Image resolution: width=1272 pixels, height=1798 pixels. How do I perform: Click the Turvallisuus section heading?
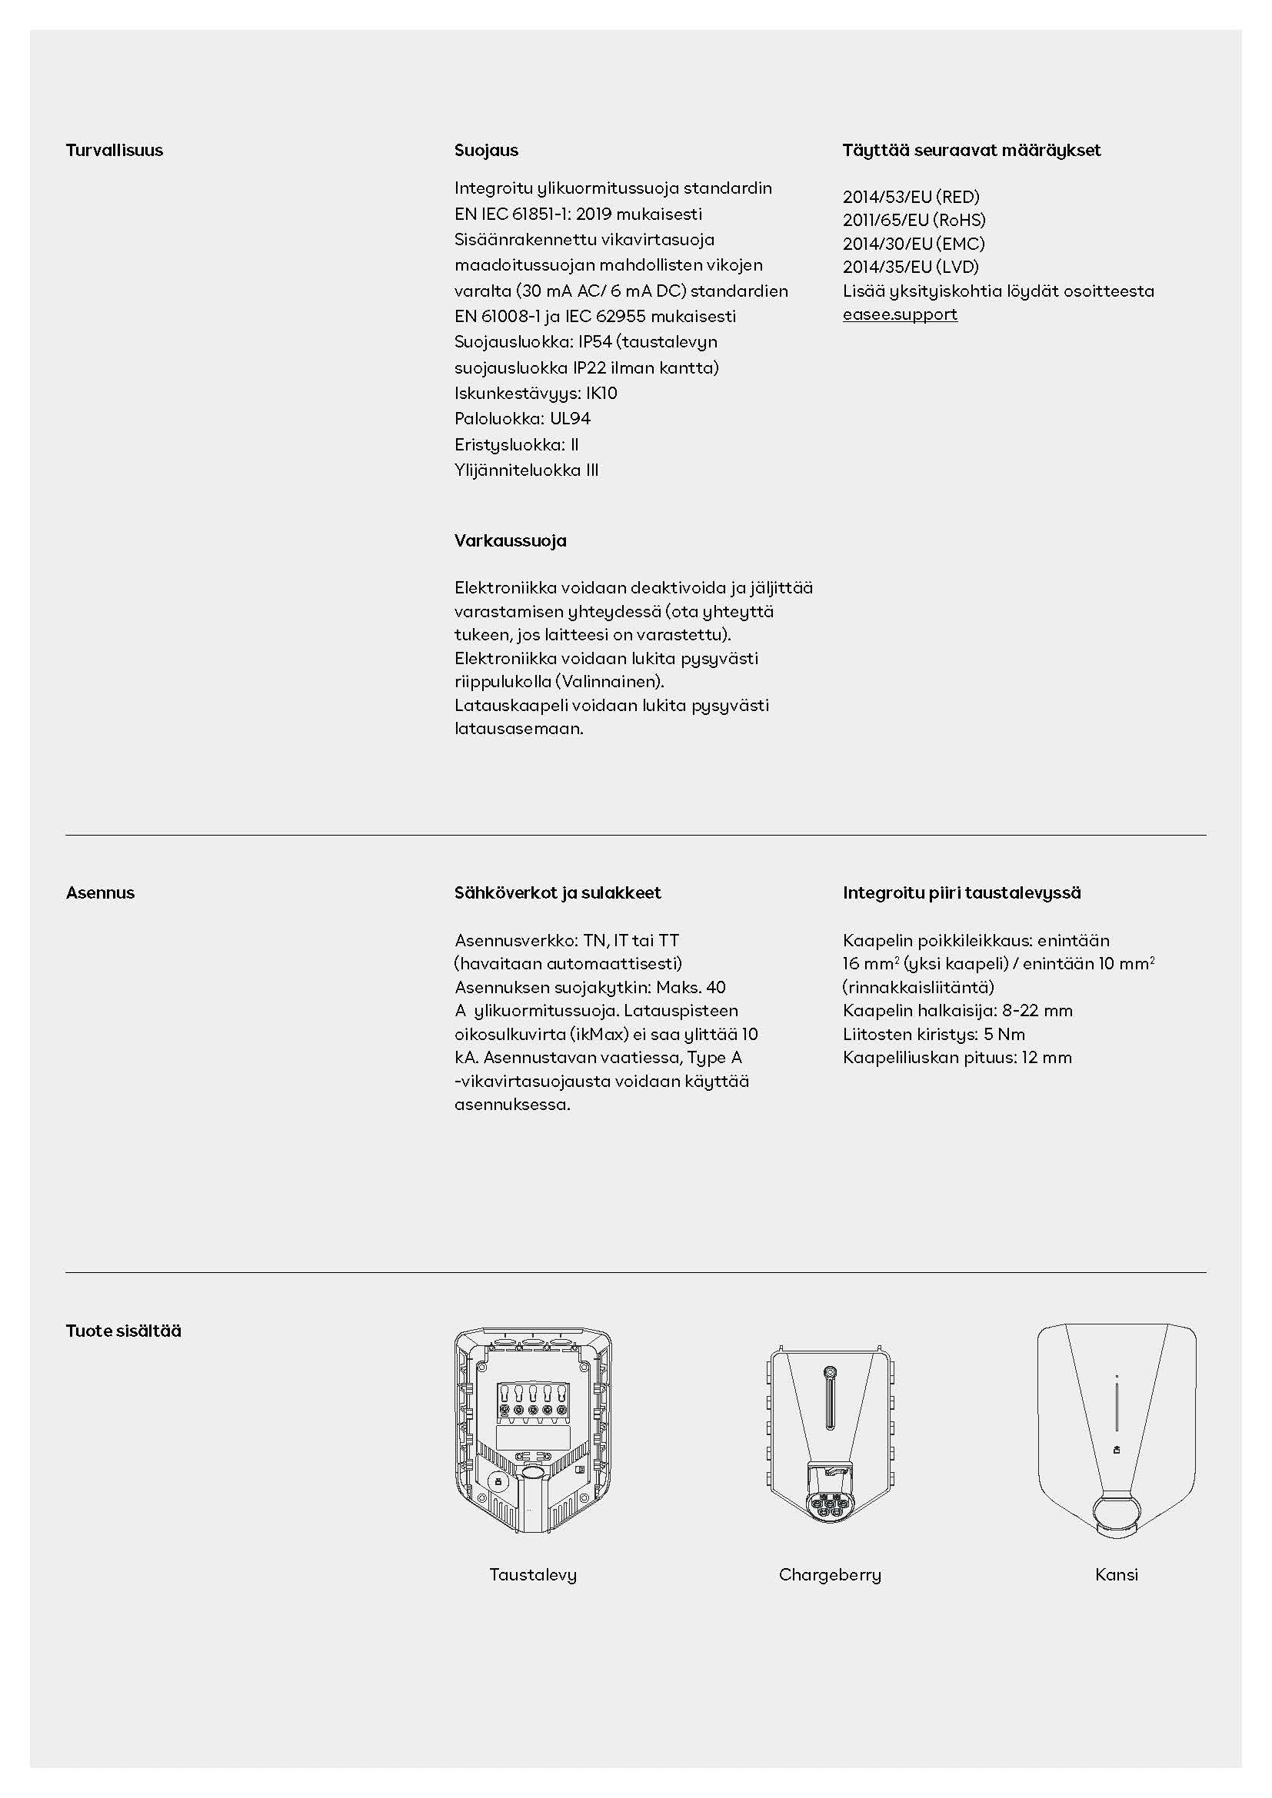pyautogui.click(x=115, y=151)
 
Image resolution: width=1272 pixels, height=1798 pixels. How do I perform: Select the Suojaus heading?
pyautogui.click(x=485, y=151)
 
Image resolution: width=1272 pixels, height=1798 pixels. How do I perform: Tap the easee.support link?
pyautogui.click(x=899, y=314)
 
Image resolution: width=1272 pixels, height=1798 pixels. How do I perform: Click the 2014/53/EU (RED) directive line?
pyautogui.click(x=911, y=198)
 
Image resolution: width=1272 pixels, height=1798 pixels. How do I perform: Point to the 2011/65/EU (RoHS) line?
pyautogui.click(x=914, y=220)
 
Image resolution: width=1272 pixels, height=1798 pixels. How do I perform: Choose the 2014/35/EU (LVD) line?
pyautogui.click(x=910, y=267)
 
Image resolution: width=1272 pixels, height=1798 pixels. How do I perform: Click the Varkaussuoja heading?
pyautogui.click(x=510, y=540)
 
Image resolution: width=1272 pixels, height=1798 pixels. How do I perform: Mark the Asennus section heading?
pyautogui.click(x=100, y=892)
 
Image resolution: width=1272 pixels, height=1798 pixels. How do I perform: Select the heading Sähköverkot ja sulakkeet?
pyautogui.click(x=557, y=892)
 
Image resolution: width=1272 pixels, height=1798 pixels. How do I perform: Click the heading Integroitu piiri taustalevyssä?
pyautogui.click(x=961, y=892)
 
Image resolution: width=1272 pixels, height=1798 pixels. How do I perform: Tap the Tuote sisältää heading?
pyautogui.click(x=123, y=1331)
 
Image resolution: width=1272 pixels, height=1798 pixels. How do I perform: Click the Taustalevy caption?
pyautogui.click(x=533, y=1575)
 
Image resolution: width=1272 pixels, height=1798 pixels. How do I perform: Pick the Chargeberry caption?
pyautogui.click(x=830, y=1575)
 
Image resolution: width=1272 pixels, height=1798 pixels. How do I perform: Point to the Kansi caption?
pyautogui.click(x=1116, y=1575)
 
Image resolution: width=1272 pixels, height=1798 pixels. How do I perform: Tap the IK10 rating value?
pyautogui.click(x=601, y=393)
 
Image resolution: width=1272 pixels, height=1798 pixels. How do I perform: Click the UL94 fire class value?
pyautogui.click(x=569, y=419)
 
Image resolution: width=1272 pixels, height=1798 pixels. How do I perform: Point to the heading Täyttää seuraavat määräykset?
pyautogui.click(x=971, y=151)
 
